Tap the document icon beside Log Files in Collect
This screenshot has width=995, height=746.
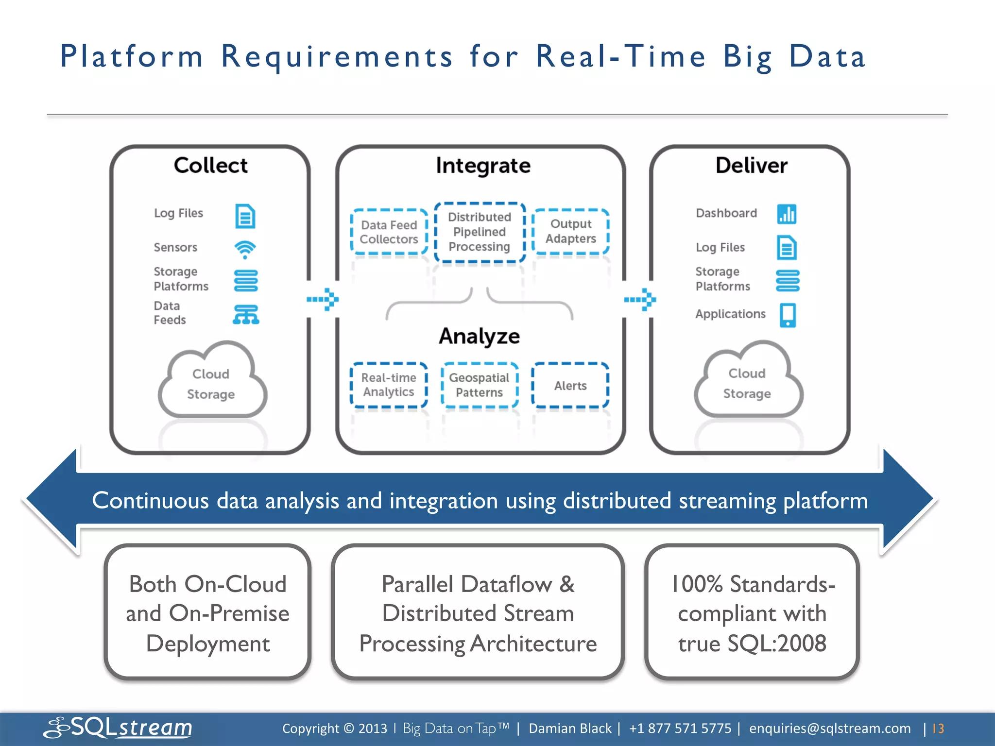click(245, 216)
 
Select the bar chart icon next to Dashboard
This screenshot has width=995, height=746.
click(787, 214)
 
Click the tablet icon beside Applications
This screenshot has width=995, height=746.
click(788, 315)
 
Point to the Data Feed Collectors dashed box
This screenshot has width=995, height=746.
click(389, 232)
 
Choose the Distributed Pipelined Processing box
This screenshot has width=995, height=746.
click(480, 232)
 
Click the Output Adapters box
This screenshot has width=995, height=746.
click(571, 232)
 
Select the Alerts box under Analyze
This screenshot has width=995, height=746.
click(570, 386)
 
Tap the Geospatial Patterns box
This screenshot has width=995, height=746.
click(480, 385)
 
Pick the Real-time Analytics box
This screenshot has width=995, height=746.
click(389, 385)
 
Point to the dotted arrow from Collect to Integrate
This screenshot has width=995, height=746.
click(323, 299)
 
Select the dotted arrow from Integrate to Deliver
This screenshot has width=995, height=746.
click(640, 299)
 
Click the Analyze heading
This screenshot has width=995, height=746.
click(480, 336)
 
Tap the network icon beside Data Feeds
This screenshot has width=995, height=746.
click(246, 315)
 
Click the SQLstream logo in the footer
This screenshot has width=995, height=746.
click(118, 728)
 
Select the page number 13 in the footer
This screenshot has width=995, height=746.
click(938, 729)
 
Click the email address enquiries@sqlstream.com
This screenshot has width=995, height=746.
click(830, 729)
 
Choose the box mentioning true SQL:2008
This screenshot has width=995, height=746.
click(752, 613)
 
